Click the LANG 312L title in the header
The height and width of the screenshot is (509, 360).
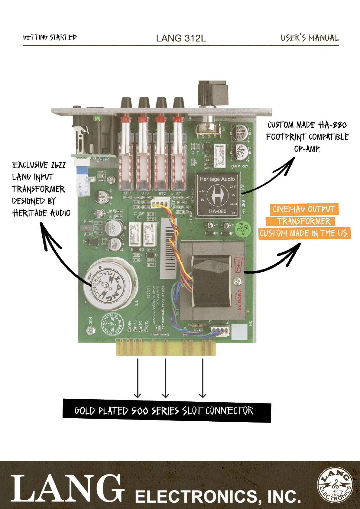coord(181,38)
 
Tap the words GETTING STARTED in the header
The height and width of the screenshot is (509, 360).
coord(50,37)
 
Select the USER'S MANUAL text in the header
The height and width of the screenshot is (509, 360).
coord(310,38)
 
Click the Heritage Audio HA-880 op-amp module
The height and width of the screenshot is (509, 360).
coord(217,195)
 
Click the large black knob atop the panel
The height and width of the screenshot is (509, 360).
coord(212,92)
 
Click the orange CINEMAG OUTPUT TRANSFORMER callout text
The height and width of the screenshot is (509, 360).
coord(304,221)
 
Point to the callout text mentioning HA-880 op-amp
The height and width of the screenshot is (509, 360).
coord(307,137)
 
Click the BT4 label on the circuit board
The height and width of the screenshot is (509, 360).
coord(128,193)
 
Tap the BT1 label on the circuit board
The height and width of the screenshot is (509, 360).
coord(180,193)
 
